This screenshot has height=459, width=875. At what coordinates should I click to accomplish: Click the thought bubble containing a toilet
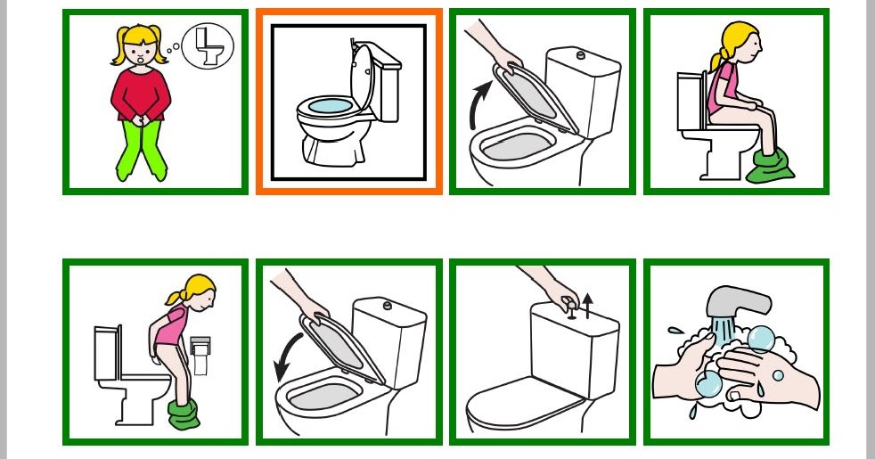click(x=209, y=45)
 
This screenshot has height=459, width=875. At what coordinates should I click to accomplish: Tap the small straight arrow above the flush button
click(x=587, y=305)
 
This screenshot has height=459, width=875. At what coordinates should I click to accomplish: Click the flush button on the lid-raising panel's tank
click(x=582, y=55)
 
